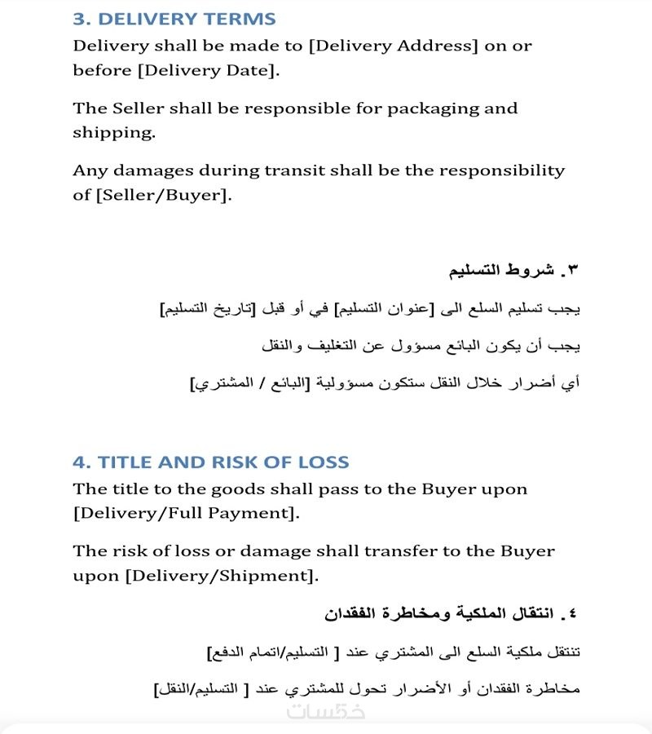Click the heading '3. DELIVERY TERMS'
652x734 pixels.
(x=174, y=19)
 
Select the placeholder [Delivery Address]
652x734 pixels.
(x=394, y=46)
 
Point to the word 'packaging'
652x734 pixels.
(x=427, y=108)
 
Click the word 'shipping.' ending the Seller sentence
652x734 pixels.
(x=113, y=133)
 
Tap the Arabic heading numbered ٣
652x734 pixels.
(x=514, y=269)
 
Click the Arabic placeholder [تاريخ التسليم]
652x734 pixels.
(x=208, y=309)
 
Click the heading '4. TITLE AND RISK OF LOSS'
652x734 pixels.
(x=211, y=462)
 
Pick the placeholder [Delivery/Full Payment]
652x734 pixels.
(x=185, y=514)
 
